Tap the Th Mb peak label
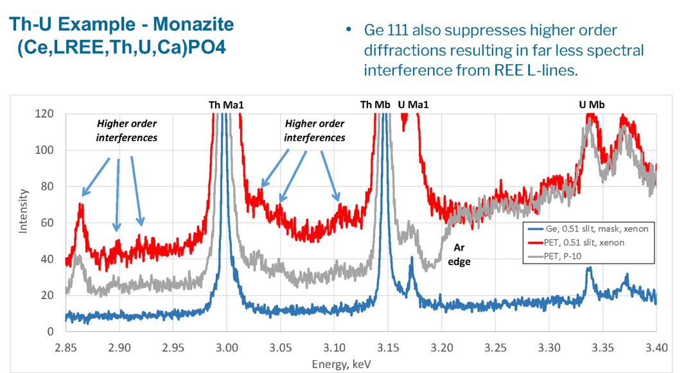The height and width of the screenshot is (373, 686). tap(374, 104)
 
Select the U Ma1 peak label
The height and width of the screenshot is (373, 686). tap(413, 104)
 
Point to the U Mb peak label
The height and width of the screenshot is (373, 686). tap(592, 104)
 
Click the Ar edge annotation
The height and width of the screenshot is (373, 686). tap(459, 254)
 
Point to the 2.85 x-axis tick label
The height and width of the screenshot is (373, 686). tap(65, 348)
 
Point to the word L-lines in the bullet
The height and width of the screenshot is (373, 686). tap(550, 69)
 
